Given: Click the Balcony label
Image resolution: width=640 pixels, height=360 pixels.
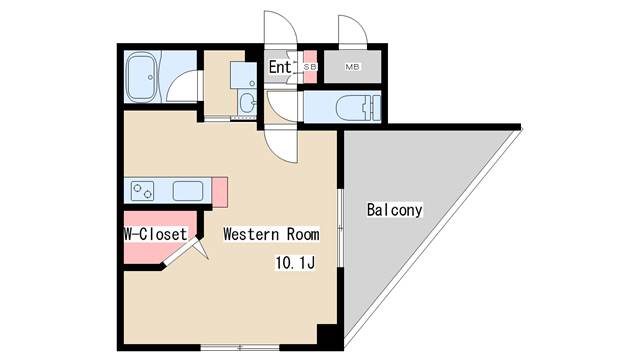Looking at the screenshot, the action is (x=394, y=210).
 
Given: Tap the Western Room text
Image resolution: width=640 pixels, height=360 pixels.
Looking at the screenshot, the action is (x=271, y=234).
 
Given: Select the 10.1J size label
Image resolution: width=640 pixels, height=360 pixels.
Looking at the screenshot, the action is (x=295, y=262).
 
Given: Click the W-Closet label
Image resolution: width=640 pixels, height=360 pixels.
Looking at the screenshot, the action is (x=155, y=234).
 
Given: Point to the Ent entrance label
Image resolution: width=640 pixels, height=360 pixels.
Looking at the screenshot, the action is (x=280, y=67).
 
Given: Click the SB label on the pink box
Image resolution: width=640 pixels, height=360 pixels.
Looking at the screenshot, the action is (x=311, y=67).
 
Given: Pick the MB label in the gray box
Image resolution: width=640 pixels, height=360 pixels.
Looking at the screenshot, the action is (x=352, y=67).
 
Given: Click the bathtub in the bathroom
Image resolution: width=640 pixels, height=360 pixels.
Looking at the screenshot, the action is (x=140, y=77).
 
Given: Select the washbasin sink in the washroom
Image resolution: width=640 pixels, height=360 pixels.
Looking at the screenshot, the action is (x=247, y=102).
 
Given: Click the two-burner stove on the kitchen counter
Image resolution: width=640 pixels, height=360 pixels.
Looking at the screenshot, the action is (x=142, y=191).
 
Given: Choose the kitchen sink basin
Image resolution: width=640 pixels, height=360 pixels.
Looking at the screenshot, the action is (x=188, y=191).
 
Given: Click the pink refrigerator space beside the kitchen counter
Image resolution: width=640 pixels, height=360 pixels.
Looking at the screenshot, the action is (x=220, y=192).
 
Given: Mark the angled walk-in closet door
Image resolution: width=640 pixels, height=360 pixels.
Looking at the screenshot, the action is (x=182, y=252).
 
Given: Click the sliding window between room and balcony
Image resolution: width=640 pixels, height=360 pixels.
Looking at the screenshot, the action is (x=340, y=228).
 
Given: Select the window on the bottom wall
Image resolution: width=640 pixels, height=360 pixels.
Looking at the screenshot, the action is (x=240, y=348).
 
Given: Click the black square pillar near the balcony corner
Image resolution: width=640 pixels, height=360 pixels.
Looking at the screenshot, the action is (x=328, y=336).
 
